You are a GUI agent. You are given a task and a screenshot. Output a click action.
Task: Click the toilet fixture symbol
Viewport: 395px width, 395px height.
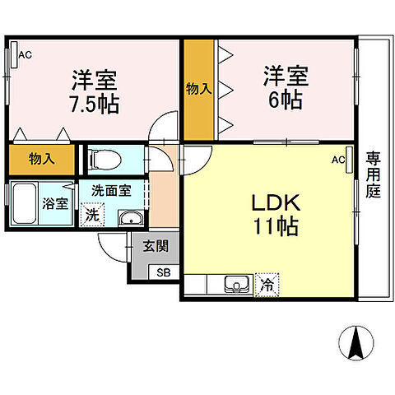point(106,160)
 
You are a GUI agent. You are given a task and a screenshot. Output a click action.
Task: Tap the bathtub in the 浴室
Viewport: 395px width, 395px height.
point(25,203)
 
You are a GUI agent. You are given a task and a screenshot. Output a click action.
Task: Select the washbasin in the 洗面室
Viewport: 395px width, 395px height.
point(131,219)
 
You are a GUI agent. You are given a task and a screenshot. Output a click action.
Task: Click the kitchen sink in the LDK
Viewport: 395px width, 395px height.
point(237,286)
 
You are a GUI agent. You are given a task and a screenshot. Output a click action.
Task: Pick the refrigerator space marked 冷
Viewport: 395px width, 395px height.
point(267,285)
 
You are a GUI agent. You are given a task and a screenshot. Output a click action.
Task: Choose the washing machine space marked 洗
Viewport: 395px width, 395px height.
point(92,215)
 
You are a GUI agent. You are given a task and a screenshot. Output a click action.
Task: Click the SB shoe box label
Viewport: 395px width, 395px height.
point(164,272)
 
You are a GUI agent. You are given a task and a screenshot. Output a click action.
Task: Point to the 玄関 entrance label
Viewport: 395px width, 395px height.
point(156,246)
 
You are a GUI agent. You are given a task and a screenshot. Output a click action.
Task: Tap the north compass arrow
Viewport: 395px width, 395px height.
point(356,343)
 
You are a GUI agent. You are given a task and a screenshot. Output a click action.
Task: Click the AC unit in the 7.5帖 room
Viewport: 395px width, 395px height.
point(14,54)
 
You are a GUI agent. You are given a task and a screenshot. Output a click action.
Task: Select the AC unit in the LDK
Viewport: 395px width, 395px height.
point(349,160)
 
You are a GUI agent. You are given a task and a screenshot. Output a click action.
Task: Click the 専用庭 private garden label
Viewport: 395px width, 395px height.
point(373,175)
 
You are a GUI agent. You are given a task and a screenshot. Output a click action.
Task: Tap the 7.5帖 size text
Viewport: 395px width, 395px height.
point(95,105)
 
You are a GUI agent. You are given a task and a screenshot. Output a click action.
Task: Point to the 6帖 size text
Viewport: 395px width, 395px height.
point(286,100)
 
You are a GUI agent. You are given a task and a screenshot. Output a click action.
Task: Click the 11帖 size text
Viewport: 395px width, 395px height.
point(276,226)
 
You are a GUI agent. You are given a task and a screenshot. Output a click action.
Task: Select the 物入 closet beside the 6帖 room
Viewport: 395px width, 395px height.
point(199,90)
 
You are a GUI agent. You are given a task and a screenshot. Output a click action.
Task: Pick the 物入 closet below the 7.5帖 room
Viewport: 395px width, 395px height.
point(42,160)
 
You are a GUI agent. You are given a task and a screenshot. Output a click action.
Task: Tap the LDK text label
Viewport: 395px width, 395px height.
point(276,202)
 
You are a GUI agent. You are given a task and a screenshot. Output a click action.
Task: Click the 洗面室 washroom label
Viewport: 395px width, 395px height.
point(111,191)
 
